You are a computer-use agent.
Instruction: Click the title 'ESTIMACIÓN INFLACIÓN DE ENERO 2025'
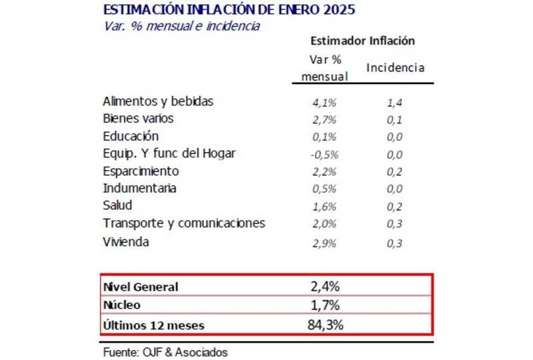[229, 10]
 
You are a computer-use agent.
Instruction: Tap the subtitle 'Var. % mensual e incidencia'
[182, 26]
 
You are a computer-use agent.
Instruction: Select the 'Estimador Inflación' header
[362, 41]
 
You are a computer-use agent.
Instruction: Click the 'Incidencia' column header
[395, 67]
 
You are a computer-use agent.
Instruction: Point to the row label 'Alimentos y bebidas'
[158, 101]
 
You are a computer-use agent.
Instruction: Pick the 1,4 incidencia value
[395, 102]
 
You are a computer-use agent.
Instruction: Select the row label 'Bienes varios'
[138, 119]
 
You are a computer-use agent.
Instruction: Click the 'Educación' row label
[131, 136]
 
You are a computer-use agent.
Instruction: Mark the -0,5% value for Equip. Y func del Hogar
[325, 155]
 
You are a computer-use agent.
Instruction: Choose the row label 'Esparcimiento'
[141, 171]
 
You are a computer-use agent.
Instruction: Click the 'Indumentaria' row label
[139, 188]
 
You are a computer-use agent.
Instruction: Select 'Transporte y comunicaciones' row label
[184, 223]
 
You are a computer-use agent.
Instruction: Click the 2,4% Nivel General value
[325, 287]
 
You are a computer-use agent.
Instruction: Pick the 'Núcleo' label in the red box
[121, 305]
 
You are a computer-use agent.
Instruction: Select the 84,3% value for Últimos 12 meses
[325, 325]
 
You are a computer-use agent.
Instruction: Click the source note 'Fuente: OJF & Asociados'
[165, 351]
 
